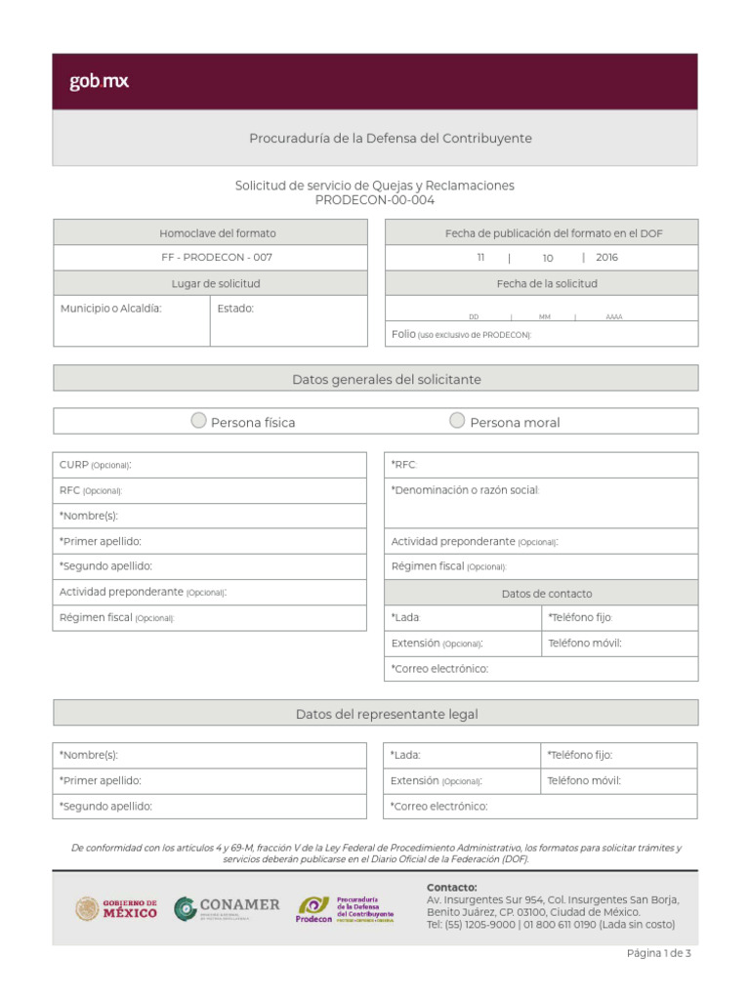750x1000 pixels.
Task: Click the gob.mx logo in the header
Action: pyautogui.click(x=99, y=82)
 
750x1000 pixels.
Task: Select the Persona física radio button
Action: pyautogui.click(x=198, y=421)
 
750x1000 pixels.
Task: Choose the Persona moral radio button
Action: pyautogui.click(x=457, y=421)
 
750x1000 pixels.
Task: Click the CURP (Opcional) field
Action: pyautogui.click(x=210, y=465)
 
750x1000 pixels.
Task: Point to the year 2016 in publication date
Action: pyautogui.click(x=606, y=258)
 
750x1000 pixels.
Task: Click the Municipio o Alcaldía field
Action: pyautogui.click(x=131, y=321)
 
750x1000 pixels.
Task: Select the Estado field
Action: pyautogui.click(x=288, y=321)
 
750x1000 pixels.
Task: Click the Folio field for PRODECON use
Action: pyautogui.click(x=542, y=334)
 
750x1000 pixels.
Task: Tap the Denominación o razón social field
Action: pyautogui.click(x=541, y=502)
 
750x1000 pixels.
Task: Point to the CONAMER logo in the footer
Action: pyautogui.click(x=227, y=908)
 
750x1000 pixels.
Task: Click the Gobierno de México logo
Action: pyautogui.click(x=116, y=908)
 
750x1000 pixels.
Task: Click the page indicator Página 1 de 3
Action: pyautogui.click(x=658, y=953)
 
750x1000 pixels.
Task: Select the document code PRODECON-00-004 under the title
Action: pyautogui.click(x=375, y=200)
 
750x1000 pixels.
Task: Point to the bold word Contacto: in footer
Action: pyautogui.click(x=451, y=887)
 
